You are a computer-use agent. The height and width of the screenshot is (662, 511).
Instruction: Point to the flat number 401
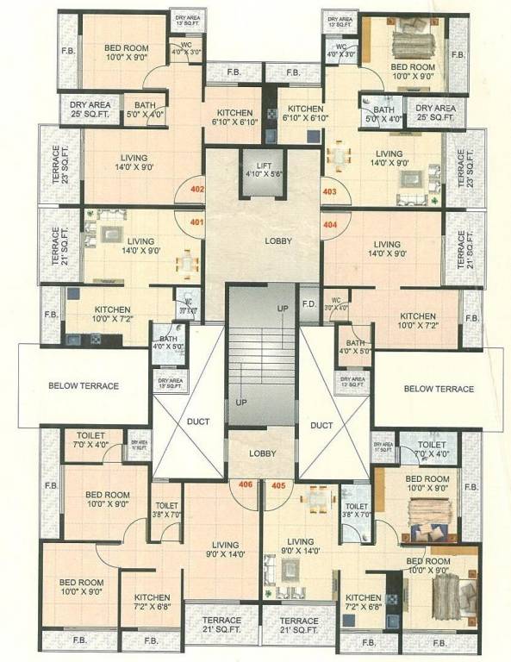[196, 222]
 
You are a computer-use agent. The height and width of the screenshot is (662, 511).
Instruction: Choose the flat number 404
[329, 223]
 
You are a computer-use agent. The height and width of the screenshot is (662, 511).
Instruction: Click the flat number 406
[246, 485]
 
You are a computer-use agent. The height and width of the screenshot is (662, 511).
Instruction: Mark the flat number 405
[277, 485]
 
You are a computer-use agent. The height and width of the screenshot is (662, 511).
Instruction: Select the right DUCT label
[321, 425]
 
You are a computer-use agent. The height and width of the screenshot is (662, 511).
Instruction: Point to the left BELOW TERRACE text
[84, 386]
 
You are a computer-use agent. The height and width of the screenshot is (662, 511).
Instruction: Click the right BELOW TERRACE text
[439, 389]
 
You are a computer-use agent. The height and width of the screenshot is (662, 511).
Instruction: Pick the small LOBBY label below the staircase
[262, 453]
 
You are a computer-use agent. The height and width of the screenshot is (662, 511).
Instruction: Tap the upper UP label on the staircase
[282, 308]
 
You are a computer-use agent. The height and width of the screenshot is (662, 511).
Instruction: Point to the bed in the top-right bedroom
[410, 42]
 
